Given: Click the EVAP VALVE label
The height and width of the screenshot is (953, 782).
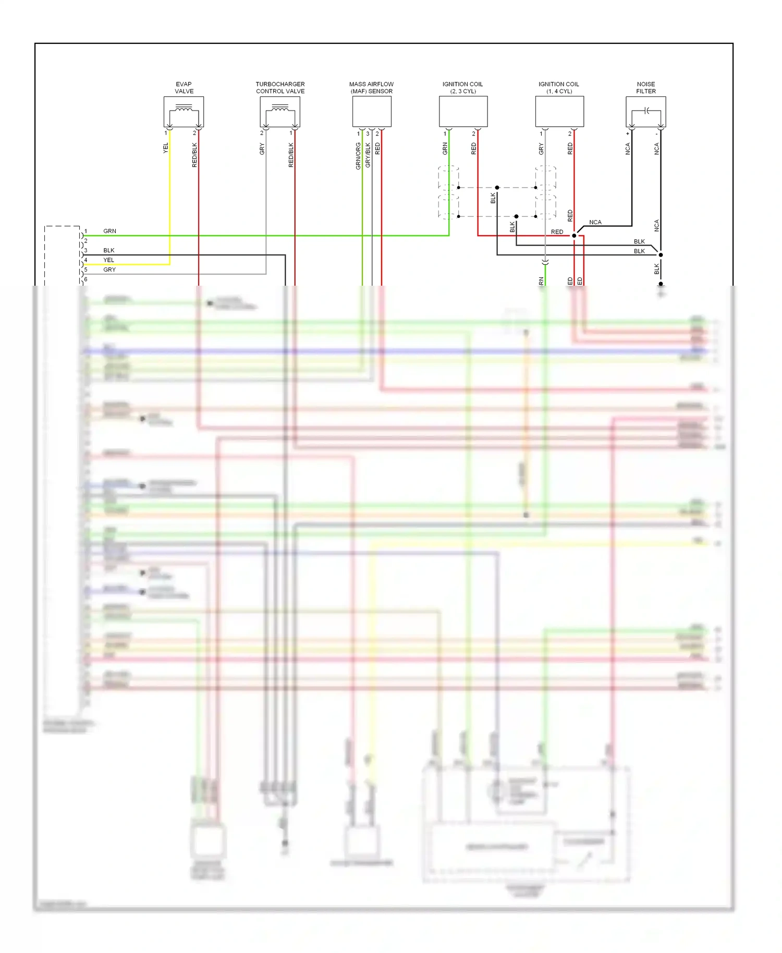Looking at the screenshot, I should (x=184, y=88).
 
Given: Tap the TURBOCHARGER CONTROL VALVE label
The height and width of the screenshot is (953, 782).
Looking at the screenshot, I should (x=280, y=88).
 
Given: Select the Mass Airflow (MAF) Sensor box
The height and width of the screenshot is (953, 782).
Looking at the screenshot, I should (x=372, y=112).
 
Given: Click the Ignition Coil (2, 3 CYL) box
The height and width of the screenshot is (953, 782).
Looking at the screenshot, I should (x=463, y=112).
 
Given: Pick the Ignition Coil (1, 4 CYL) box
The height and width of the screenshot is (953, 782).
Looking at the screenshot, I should (x=559, y=112).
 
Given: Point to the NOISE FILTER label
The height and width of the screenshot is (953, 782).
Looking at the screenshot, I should (x=645, y=88).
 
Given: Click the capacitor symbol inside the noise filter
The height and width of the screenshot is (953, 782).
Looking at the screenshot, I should (x=646, y=111).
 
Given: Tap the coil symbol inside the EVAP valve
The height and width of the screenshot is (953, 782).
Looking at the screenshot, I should (x=184, y=108).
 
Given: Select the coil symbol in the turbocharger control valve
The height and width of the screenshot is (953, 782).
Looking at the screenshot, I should (x=280, y=108).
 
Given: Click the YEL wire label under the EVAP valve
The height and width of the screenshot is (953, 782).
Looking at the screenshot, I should (x=166, y=148).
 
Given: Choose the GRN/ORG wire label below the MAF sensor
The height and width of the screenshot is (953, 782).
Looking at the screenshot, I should (x=358, y=156).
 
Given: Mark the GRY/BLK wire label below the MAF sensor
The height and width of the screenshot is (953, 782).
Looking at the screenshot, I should (x=368, y=155).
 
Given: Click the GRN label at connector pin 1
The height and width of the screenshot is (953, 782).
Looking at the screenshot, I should (x=109, y=231).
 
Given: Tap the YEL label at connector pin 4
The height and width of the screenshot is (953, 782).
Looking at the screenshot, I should (x=108, y=260).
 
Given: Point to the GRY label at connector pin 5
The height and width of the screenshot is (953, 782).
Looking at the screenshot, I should (x=109, y=270).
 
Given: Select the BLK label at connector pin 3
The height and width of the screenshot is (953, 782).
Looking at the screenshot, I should (x=108, y=250).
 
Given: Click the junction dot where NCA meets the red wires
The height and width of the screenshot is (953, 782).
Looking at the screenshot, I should (x=574, y=236).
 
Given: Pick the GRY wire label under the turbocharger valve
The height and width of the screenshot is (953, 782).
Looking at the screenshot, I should (x=262, y=149).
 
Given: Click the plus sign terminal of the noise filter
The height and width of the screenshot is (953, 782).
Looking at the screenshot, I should (x=628, y=134).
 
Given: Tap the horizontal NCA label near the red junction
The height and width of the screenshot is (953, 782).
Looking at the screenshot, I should (x=595, y=222).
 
